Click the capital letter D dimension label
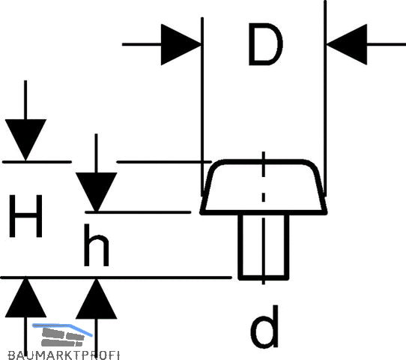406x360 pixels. coord(265,44)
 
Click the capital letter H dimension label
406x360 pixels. coord(25,216)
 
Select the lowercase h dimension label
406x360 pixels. coord(97,245)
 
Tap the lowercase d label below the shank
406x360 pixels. coord(264,327)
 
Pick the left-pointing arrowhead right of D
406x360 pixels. coord(346,44)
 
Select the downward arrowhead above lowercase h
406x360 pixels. coord(97,192)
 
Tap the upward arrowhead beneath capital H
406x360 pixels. coord(25,298)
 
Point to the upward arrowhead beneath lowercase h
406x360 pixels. coord(97,298)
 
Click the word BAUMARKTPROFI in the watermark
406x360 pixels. coord(64,355)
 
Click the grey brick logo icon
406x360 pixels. coord(63,337)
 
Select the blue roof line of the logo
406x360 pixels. coord(62,327)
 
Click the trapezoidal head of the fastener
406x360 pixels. coord(264,187)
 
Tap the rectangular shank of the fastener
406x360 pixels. coord(264,247)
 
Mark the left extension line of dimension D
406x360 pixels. coord(202,106)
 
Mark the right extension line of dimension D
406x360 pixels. coord(325,98)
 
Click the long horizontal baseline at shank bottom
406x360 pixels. coord(116,277)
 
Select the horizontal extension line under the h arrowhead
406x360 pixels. coord(138,212)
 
